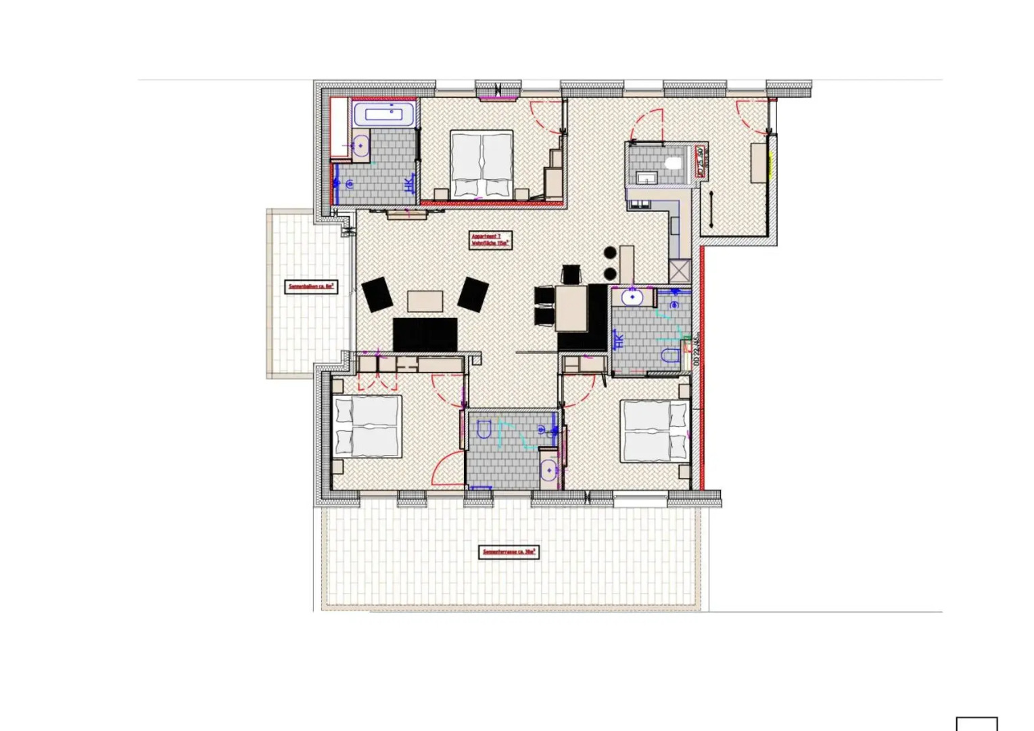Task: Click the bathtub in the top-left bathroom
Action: click(383, 114)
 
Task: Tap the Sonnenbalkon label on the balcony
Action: click(310, 286)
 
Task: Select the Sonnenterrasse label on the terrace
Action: click(509, 552)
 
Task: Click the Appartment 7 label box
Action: click(490, 240)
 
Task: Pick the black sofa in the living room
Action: click(425, 334)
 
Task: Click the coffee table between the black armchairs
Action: click(425, 301)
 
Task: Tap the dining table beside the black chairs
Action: click(571, 308)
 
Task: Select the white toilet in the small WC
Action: click(673, 163)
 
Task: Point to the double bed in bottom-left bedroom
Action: click(367, 427)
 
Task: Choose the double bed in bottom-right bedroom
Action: click(655, 430)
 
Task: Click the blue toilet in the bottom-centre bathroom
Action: click(484, 429)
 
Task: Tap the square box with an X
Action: click(680, 271)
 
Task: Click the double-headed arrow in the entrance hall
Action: click(711, 209)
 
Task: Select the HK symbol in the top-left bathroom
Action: click(409, 184)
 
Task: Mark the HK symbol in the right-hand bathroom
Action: click(618, 340)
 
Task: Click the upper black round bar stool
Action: click(610, 253)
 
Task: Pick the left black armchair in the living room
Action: click(377, 294)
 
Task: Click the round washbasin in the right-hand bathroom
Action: click(632, 297)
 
